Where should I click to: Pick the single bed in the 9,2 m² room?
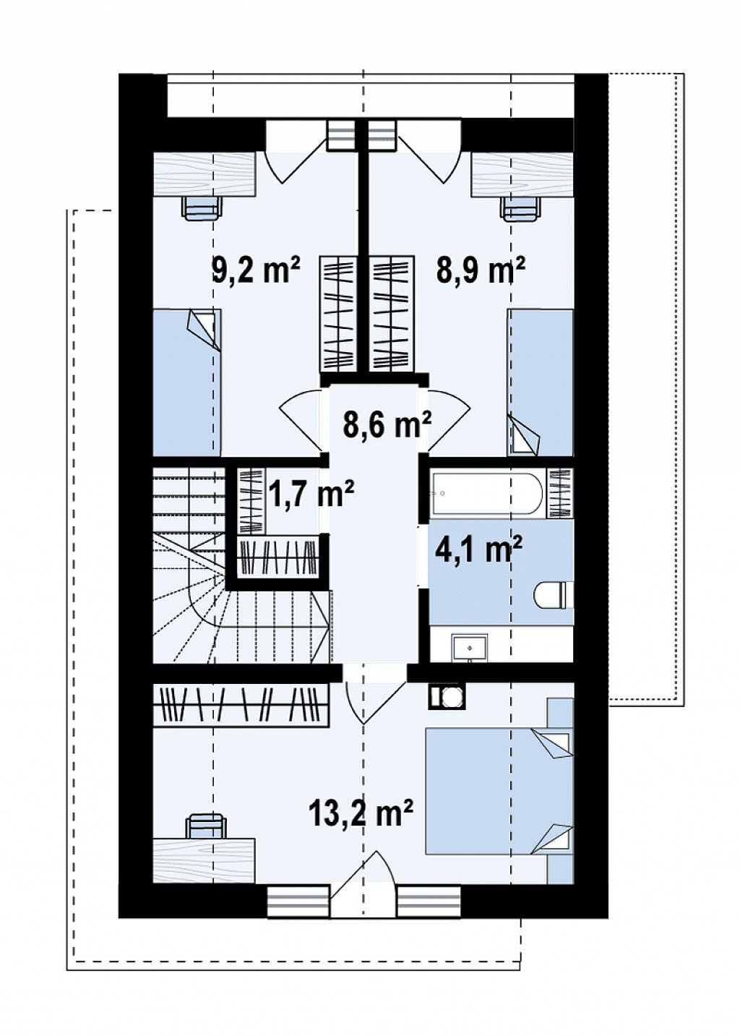pos(186,383)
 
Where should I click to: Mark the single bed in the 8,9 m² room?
pos(540,383)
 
